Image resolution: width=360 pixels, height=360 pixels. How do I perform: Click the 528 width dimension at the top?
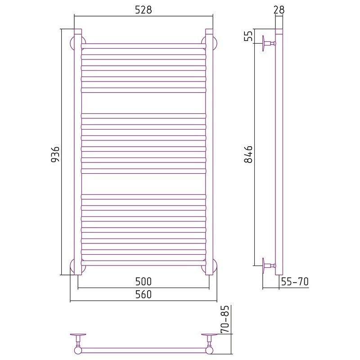tap(143, 10)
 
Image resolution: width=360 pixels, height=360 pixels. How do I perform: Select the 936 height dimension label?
tap(55, 154)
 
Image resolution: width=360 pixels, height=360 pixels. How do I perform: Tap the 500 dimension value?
tap(144, 282)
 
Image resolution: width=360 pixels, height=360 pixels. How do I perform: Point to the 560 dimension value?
tap(144, 294)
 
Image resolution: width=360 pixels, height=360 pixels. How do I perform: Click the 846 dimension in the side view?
tap(248, 154)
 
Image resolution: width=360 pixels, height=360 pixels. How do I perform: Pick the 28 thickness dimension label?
tap(279, 10)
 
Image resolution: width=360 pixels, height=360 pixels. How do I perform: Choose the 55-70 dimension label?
tap(295, 282)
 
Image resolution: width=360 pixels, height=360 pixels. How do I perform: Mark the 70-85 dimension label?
tap(225, 319)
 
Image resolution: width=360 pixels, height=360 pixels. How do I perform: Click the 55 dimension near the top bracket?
tap(248, 36)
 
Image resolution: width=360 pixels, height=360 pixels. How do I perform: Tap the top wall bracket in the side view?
tap(269, 43)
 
